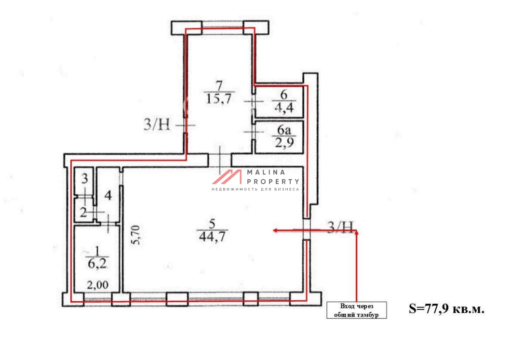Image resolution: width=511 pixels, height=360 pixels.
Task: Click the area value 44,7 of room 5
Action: click(212, 236)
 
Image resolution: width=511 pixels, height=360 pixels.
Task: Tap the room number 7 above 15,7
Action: click(219, 86)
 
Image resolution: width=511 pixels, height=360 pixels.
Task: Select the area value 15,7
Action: click(219, 98)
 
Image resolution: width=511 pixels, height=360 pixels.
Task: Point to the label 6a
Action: click(284, 130)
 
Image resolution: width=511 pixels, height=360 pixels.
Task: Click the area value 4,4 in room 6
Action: click(284, 107)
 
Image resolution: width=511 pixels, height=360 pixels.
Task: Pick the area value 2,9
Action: click(284, 142)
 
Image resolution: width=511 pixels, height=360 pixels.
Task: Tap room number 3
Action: click(84, 178)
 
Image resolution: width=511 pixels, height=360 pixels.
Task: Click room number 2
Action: click(83, 213)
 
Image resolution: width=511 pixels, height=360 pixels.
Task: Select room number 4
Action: click(108, 195)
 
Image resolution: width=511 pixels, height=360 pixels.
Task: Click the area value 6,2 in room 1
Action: click(97, 263)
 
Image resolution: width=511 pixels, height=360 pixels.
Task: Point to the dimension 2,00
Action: click(98, 285)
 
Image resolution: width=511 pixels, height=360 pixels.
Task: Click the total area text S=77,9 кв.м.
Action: click(447, 308)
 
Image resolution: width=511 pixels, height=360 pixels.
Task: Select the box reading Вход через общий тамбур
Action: click(357, 310)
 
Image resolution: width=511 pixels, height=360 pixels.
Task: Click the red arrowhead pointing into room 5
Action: click(275, 230)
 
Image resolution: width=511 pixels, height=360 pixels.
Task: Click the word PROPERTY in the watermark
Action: click(273, 182)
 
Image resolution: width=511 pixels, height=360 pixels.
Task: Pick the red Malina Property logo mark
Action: click(227, 177)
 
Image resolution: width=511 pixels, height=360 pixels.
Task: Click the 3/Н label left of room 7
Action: click(157, 124)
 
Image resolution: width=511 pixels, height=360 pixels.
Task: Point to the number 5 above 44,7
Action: click(213, 224)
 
